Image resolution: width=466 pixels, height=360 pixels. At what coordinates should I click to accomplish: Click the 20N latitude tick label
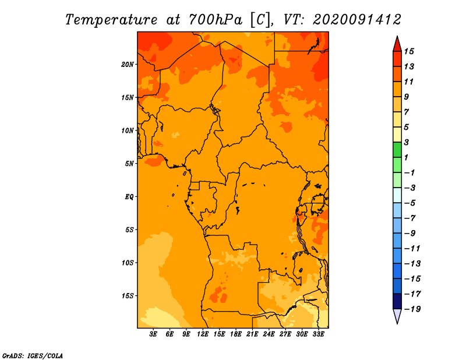coord(128,64)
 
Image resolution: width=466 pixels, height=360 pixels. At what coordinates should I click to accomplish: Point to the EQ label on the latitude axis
coord(129,196)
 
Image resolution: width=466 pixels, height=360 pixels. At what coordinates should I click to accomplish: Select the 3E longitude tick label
coord(153,334)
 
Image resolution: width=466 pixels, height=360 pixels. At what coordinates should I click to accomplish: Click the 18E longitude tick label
coord(236,334)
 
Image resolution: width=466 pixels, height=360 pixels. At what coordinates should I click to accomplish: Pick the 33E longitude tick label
coord(318,334)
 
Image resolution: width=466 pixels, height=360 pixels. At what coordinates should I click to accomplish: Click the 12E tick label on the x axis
coord(203,334)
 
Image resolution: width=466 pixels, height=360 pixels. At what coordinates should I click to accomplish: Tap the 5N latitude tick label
coord(129,164)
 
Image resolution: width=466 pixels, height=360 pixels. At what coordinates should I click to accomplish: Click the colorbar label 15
coord(409,51)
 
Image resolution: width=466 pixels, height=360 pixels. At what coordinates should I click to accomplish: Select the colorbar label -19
coord(412,309)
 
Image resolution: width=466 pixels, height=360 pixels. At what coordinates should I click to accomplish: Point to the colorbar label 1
coord(406,157)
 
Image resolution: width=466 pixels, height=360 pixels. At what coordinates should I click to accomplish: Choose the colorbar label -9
coord(410,234)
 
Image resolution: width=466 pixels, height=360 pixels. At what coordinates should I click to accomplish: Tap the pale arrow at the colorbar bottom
coord(397,315)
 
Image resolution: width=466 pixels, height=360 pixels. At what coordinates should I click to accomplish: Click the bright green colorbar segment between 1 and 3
coord(397,150)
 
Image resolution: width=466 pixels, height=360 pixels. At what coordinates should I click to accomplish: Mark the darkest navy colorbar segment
coord(397,301)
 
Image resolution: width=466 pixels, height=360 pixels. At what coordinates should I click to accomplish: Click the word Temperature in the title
coord(111,20)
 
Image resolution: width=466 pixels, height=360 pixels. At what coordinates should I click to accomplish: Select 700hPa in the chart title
coord(215,20)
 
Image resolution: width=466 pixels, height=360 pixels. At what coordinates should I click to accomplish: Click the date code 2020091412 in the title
coord(357,20)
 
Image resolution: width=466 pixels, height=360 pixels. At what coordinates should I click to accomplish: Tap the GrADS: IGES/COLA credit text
coord(33,356)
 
